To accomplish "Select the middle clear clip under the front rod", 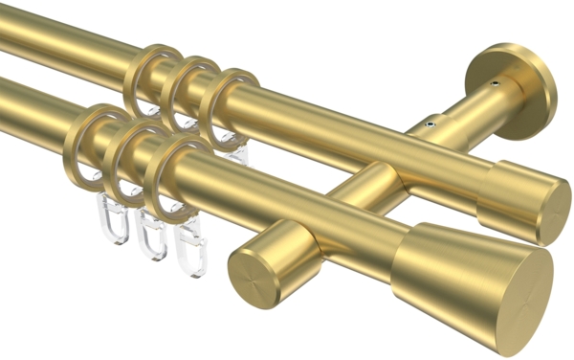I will click(x=150, y=235).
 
